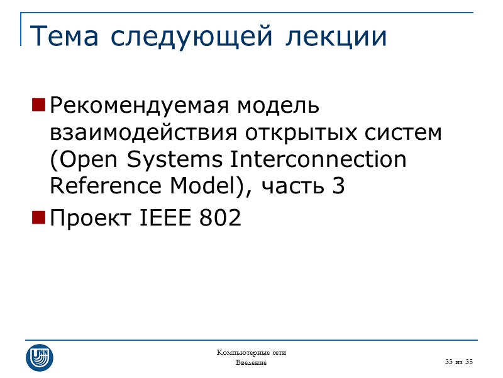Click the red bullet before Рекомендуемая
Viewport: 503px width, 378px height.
click(38, 105)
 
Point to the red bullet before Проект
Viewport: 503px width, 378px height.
click(38, 219)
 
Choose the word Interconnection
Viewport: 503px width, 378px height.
click(318, 160)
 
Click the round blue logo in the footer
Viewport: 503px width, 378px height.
click(39, 357)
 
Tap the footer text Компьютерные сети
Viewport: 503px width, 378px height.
click(251, 352)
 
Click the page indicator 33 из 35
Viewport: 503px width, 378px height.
click(458, 362)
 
